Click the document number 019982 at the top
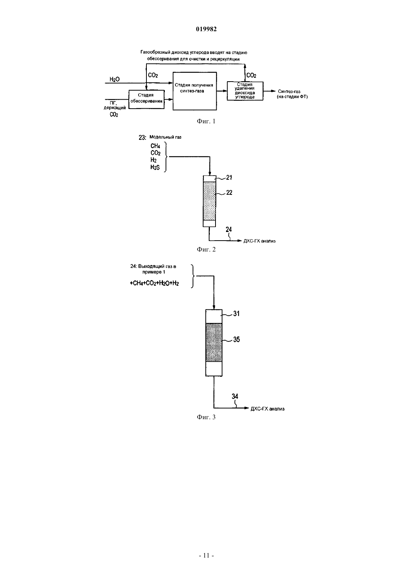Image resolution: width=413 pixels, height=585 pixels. (206, 29)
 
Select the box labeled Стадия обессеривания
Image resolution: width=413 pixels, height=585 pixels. (146, 99)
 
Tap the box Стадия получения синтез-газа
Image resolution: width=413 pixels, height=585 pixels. (195, 91)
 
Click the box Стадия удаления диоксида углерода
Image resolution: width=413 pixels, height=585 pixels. (245, 91)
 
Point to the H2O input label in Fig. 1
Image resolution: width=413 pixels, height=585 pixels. (115, 79)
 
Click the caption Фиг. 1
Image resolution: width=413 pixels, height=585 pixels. (206, 121)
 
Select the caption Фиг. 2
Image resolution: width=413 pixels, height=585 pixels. (206, 249)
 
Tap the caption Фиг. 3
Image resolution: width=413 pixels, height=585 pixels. (206, 417)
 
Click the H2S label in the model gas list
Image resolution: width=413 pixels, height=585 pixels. (155, 167)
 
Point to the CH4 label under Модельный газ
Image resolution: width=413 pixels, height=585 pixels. (155, 146)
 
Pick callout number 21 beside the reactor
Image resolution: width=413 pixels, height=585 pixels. (229, 177)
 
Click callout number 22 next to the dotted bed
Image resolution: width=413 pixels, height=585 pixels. (229, 193)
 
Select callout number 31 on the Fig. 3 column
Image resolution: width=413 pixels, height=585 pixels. (237, 314)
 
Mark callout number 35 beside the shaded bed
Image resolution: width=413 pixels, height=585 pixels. (237, 339)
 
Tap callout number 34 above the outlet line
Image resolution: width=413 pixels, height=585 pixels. (235, 396)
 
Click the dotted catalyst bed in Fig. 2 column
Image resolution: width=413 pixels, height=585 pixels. (210, 201)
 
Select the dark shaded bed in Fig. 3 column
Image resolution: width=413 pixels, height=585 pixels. (214, 343)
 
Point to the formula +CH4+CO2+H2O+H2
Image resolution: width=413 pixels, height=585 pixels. (154, 283)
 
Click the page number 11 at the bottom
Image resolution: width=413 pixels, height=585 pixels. (206, 555)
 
